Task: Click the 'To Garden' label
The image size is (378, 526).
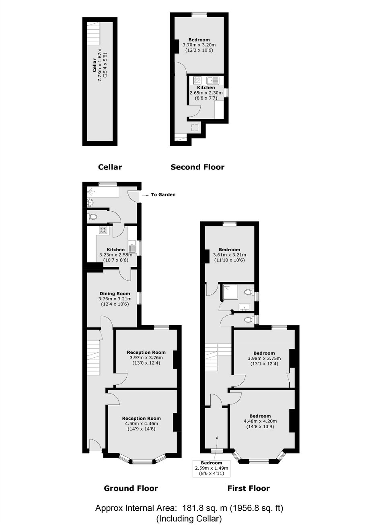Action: tap(163, 194)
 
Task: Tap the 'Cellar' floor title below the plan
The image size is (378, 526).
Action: tap(110, 167)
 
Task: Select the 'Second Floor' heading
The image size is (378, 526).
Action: tap(197, 167)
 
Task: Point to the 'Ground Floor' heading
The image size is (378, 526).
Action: tap(131, 488)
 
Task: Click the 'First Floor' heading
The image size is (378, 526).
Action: tap(249, 488)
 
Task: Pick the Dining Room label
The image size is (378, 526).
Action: tap(115, 293)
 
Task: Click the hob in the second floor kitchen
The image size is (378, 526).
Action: tap(197, 80)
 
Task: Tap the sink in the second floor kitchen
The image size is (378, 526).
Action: tap(212, 80)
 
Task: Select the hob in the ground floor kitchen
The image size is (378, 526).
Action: tap(103, 230)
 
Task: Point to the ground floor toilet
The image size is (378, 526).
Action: tap(92, 216)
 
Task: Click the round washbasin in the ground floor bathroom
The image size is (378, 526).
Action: tap(90, 202)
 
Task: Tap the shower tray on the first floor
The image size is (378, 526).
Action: tap(230, 292)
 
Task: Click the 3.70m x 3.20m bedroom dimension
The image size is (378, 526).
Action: tap(199, 45)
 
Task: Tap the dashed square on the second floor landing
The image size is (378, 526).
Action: tap(195, 128)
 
